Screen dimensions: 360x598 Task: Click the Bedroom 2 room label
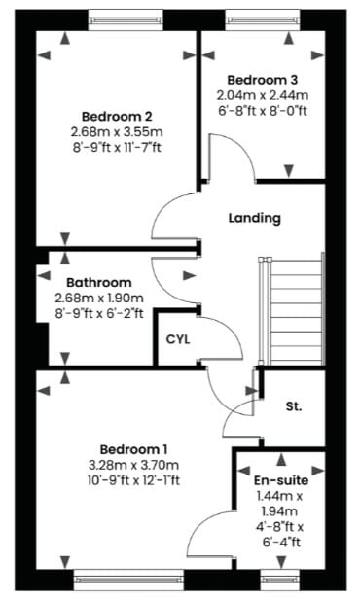[x=117, y=116]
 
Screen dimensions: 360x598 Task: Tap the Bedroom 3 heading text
[x=262, y=80]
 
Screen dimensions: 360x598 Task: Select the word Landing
[x=255, y=218]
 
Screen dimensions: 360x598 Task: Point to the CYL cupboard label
[x=178, y=339]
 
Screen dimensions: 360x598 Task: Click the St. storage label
[x=294, y=406]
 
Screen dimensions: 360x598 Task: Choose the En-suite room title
[x=281, y=480]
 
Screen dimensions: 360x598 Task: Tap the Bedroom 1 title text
[x=133, y=449]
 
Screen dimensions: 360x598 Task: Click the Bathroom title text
[x=99, y=283]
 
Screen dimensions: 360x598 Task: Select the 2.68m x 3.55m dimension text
[x=117, y=132]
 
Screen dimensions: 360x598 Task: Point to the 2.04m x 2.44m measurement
[x=263, y=95]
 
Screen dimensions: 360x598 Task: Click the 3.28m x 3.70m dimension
[x=133, y=466]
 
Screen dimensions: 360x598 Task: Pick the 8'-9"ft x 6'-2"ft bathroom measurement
[x=99, y=313]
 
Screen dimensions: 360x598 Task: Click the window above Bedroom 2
[x=126, y=19]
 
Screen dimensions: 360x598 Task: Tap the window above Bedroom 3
[x=263, y=19]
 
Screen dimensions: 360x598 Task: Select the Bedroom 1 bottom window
[x=128, y=580]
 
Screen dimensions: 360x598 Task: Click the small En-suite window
[x=280, y=580]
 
